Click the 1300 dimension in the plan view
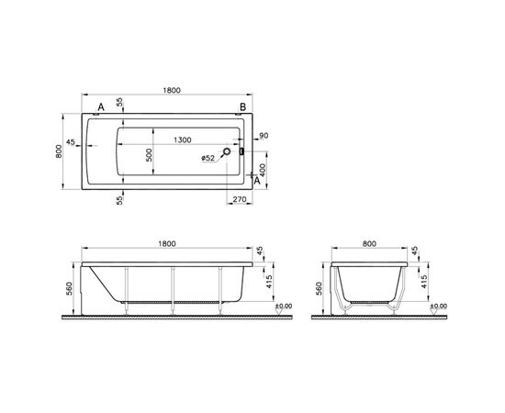tap(182, 140)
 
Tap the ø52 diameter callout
tap(210, 158)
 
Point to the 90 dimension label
tap(264, 137)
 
